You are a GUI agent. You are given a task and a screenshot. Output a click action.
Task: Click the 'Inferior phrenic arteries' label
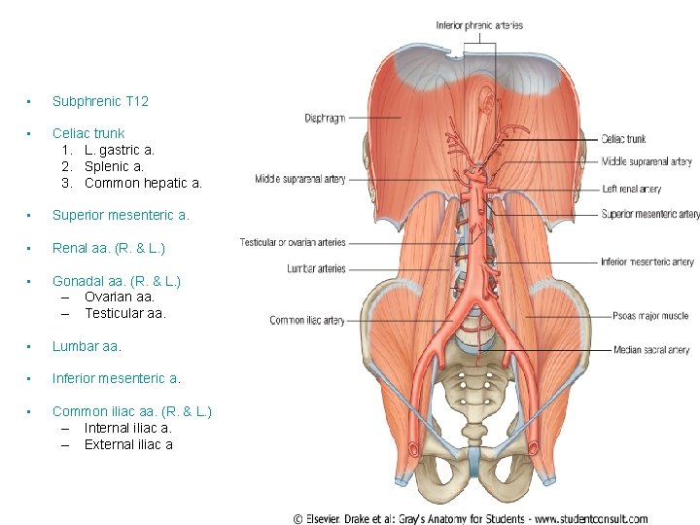click(x=478, y=25)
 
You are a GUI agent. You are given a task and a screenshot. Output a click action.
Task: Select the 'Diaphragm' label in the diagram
click(x=325, y=119)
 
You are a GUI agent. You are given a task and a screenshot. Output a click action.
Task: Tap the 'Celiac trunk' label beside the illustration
click(x=623, y=139)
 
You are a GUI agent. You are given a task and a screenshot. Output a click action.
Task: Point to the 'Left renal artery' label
click(x=631, y=189)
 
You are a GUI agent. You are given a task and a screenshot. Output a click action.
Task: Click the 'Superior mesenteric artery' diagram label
click(x=649, y=214)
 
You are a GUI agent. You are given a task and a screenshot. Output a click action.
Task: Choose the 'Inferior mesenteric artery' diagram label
click(x=647, y=262)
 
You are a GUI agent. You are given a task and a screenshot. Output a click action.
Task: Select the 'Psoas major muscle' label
click(x=650, y=316)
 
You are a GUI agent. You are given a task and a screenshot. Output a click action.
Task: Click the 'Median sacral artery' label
click(x=651, y=350)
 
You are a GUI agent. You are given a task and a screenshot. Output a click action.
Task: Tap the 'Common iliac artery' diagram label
click(x=307, y=320)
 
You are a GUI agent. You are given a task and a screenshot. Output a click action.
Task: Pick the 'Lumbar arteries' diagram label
click(x=316, y=268)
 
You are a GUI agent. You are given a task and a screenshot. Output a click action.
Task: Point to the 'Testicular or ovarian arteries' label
click(x=293, y=242)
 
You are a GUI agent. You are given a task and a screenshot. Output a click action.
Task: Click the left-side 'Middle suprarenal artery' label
click(x=300, y=179)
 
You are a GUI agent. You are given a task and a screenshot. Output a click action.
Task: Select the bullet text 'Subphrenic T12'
click(x=100, y=101)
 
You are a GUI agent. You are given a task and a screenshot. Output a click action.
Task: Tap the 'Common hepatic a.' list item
click(x=143, y=183)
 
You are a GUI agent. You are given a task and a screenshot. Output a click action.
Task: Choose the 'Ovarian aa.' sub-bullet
click(x=120, y=297)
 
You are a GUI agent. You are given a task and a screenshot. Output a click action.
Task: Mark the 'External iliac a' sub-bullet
click(x=128, y=444)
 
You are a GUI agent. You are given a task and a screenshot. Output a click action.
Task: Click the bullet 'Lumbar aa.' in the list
click(x=87, y=345)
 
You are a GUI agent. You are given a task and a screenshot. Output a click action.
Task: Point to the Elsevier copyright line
click(x=470, y=518)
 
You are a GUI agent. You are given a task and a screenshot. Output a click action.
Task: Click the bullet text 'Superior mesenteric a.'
click(x=121, y=215)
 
